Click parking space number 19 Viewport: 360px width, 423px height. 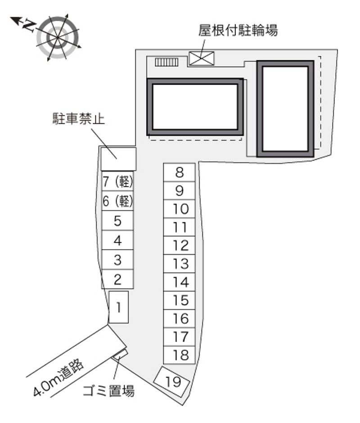click(171, 382)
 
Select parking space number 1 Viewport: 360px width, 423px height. click(118, 307)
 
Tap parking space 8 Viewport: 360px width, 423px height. click(179, 172)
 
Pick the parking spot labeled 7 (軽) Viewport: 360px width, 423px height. click(117, 181)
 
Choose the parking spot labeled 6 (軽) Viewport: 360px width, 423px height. click(117, 201)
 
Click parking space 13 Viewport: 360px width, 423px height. click(179, 264)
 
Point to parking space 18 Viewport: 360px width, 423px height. click(179, 355)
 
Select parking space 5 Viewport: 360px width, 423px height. click(117, 220)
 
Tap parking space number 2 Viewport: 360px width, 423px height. click(117, 279)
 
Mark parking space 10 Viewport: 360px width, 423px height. click(179, 209)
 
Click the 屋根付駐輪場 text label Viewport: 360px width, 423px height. click(238, 30)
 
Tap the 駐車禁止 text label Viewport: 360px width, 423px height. click(79, 118)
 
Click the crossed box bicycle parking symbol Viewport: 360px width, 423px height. click(201, 58)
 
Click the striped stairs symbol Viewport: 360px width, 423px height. click(166, 62)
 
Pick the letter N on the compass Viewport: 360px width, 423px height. click(29, 25)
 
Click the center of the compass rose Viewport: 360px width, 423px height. click(58, 37)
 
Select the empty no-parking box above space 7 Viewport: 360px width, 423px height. click(118, 158)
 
